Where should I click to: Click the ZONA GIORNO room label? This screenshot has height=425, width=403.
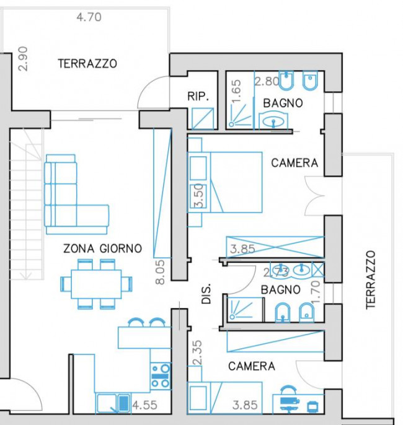(102, 248)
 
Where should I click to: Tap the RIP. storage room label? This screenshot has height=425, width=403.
(198, 96)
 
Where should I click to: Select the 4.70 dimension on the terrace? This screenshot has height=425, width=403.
(89, 17)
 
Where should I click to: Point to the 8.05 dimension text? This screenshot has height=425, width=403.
(160, 272)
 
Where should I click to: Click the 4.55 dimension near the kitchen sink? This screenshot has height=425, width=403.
(145, 405)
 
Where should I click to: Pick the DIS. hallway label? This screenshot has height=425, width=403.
(206, 294)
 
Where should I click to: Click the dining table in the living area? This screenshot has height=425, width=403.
(96, 284)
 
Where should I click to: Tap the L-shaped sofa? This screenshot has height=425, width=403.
(76, 195)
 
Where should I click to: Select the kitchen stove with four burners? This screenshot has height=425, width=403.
(161, 376)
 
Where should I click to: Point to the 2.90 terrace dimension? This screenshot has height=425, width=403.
(23, 59)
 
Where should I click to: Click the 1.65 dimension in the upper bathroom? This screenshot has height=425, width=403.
(236, 91)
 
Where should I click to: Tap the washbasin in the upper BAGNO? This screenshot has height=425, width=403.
(273, 121)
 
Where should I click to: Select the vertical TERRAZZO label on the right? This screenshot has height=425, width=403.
(371, 280)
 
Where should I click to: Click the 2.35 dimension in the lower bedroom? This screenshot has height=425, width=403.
(197, 353)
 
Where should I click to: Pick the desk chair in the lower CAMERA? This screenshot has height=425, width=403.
(288, 390)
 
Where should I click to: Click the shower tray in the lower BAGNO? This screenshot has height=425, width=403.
(245, 309)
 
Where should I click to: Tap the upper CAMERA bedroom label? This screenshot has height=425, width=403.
(294, 163)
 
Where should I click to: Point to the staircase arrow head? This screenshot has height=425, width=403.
(26, 276)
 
